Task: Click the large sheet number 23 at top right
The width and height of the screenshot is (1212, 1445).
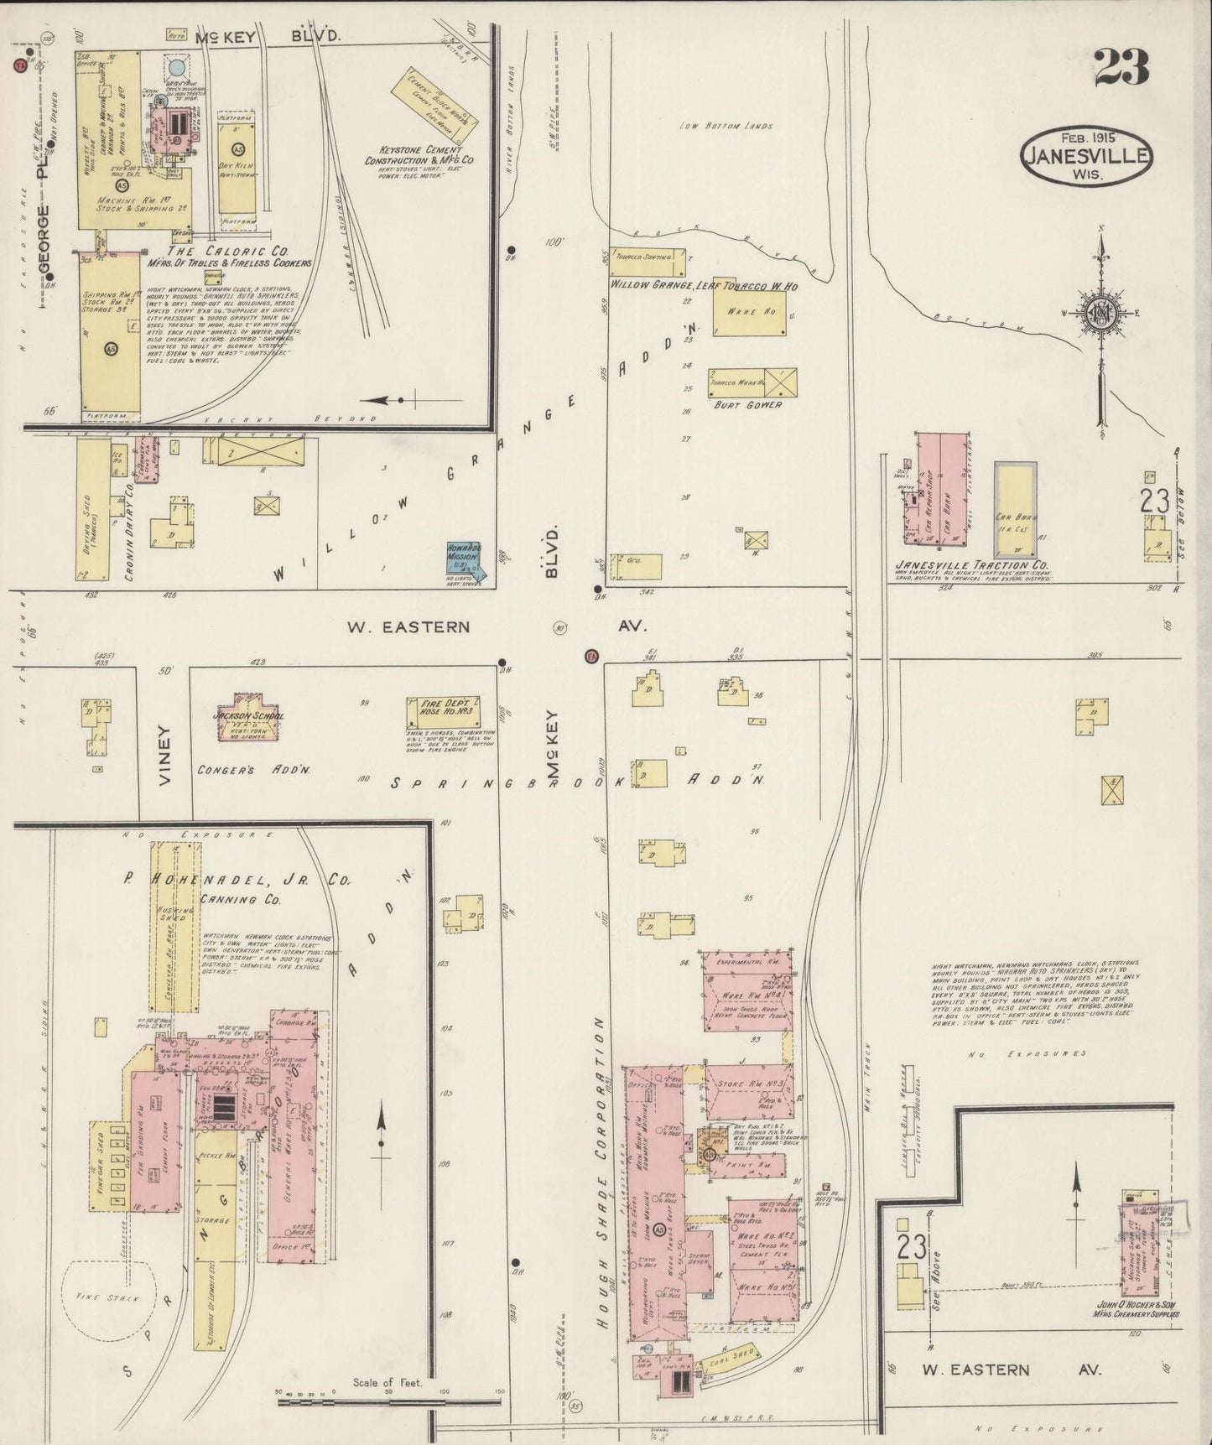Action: click(1121, 66)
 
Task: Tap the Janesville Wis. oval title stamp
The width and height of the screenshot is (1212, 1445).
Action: click(1086, 154)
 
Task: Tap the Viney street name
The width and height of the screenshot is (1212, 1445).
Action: click(164, 754)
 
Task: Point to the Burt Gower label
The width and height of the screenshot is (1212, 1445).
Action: click(748, 404)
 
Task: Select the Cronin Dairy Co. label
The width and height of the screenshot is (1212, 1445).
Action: click(131, 512)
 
